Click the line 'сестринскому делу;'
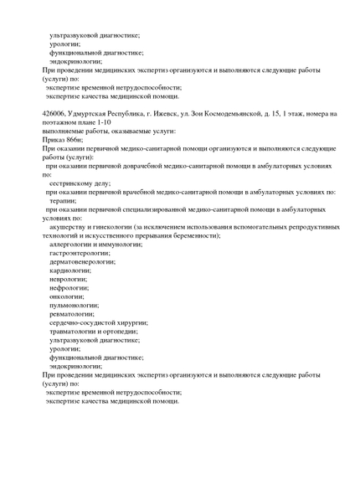point(80,183)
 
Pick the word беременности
point(195,235)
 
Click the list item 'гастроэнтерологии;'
point(80,253)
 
